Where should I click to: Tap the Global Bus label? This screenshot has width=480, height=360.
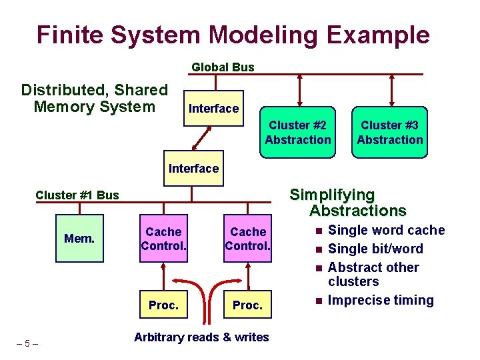click(x=223, y=67)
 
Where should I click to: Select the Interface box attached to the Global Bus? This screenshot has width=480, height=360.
click(x=213, y=108)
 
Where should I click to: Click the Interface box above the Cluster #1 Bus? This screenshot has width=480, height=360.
click(x=193, y=168)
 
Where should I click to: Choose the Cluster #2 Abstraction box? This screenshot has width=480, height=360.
click(x=297, y=133)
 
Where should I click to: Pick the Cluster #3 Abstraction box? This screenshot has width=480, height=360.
click(x=390, y=133)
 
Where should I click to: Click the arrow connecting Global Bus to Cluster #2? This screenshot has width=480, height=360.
click(x=301, y=90)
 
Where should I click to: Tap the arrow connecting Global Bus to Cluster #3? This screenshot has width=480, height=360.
click(x=393, y=90)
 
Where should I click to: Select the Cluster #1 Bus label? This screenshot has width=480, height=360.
click(x=77, y=195)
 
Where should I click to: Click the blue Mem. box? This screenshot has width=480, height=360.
click(x=79, y=239)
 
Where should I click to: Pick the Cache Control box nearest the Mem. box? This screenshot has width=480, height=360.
click(x=163, y=239)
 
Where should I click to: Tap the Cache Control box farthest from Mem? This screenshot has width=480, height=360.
click(x=248, y=239)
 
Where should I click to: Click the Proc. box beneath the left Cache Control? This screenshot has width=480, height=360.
click(x=163, y=305)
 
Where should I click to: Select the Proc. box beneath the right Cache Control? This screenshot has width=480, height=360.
click(x=248, y=305)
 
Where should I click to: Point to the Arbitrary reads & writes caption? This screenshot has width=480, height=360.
click(x=201, y=337)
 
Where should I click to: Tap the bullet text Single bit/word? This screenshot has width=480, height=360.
click(x=375, y=249)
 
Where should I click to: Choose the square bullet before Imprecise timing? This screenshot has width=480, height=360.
click(x=319, y=301)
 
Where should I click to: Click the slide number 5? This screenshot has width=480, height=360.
click(x=27, y=343)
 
